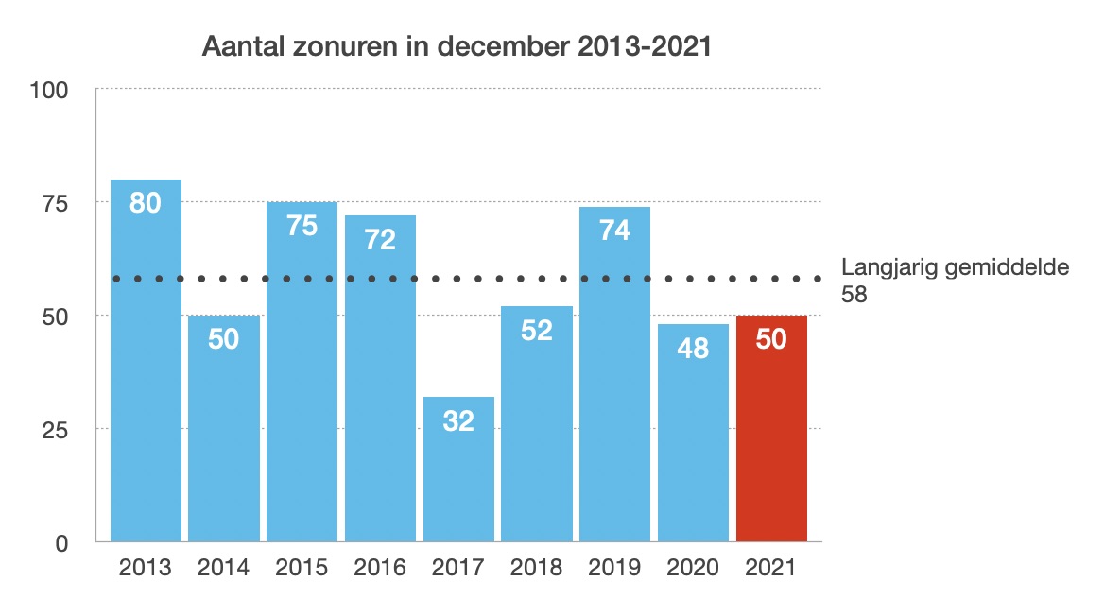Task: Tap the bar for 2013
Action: [x=146, y=378]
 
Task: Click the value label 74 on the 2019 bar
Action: [x=614, y=230]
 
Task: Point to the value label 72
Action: [x=380, y=239]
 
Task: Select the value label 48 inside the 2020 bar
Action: [x=693, y=348]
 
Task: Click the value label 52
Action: [x=537, y=330]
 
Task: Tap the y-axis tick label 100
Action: [x=49, y=91]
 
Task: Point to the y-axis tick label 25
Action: [x=56, y=430]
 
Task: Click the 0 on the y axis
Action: [x=62, y=543]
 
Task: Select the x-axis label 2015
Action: [x=302, y=568]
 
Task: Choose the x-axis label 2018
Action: [x=537, y=568]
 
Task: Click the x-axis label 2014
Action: [x=224, y=568]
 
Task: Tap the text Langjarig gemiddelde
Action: [x=955, y=267]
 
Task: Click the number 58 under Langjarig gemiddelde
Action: [x=854, y=295]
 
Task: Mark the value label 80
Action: [x=146, y=202]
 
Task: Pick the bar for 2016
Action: [x=380, y=397]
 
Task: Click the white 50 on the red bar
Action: [x=771, y=339]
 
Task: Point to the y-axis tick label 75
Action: [x=56, y=203]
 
